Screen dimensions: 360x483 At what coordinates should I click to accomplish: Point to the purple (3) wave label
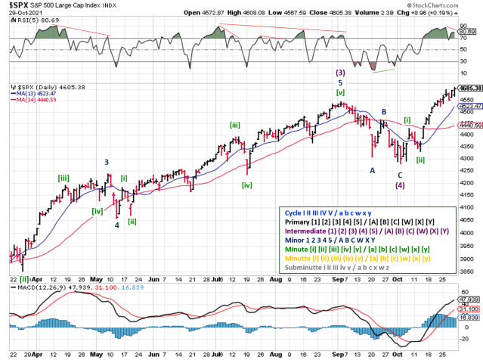coord(341,73)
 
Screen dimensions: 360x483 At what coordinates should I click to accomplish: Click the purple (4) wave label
coord(400,185)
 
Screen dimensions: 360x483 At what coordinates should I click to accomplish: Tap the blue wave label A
coord(373,170)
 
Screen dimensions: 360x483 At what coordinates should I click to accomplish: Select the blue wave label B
coord(384,112)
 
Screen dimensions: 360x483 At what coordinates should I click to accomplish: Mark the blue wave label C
coord(400,175)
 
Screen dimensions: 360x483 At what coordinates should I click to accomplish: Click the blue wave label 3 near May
coord(107,162)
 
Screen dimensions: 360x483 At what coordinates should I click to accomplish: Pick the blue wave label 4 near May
coord(116,225)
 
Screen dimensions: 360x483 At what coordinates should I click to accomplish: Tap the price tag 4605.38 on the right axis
coord(470,88)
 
